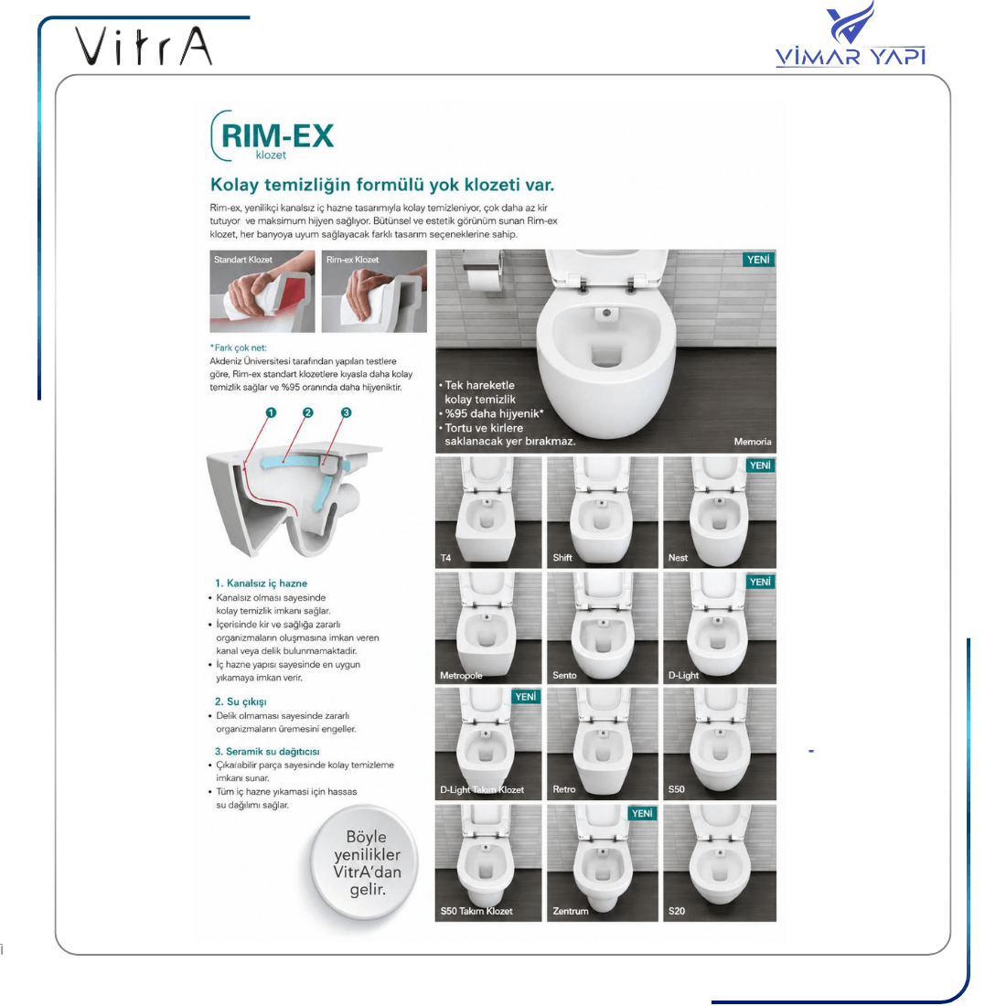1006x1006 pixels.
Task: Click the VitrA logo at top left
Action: click(x=144, y=46)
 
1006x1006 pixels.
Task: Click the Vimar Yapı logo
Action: click(x=851, y=36)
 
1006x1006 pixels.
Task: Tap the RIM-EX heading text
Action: click(x=277, y=135)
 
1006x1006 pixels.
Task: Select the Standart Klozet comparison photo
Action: click(x=262, y=291)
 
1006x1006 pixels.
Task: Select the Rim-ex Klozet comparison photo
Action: click(x=374, y=291)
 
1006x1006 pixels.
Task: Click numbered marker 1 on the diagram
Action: click(x=271, y=412)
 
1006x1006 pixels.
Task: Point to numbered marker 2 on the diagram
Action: click(x=308, y=412)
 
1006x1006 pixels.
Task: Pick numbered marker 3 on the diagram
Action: click(x=346, y=412)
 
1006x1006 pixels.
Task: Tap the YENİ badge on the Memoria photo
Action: click(x=758, y=259)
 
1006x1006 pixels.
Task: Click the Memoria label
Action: click(x=753, y=442)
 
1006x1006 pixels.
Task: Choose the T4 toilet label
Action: click(x=446, y=558)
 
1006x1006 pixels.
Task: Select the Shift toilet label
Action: click(x=562, y=558)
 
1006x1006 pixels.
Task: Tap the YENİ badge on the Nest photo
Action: click(x=760, y=466)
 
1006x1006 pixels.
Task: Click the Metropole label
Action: click(x=461, y=675)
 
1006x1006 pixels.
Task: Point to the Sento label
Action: click(x=564, y=675)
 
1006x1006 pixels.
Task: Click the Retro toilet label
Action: click(x=564, y=789)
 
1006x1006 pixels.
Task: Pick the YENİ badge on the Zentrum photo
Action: click(x=642, y=813)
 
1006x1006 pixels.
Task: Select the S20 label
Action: click(x=676, y=910)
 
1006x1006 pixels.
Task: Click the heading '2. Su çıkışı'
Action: click(x=241, y=701)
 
